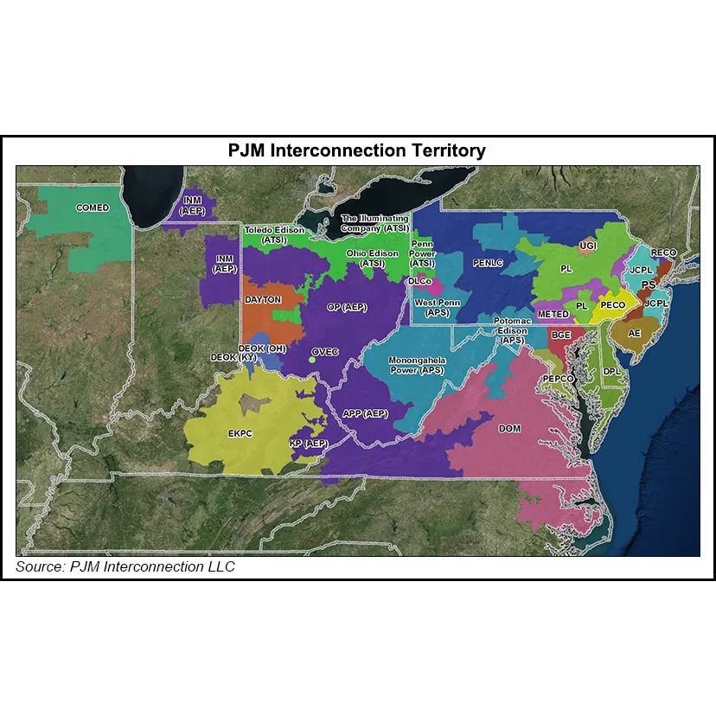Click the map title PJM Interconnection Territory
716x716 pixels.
(x=357, y=150)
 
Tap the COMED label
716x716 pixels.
(x=93, y=208)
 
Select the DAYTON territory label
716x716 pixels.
(x=263, y=299)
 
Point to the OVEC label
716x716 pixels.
(x=324, y=352)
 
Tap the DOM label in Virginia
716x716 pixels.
(x=510, y=428)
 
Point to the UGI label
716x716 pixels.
(x=588, y=246)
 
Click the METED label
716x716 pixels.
(x=553, y=313)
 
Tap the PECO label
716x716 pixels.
(x=612, y=305)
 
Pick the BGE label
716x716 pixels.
(x=561, y=336)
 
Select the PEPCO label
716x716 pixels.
(x=559, y=379)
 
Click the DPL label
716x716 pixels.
(x=612, y=372)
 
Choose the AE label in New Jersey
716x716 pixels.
(x=635, y=333)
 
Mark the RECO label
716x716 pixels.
(x=664, y=253)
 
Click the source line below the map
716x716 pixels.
(x=125, y=567)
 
